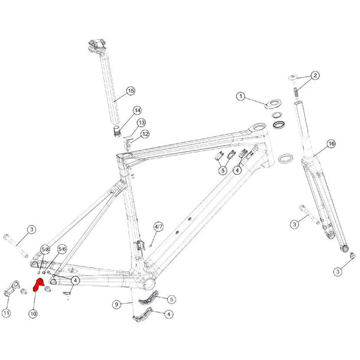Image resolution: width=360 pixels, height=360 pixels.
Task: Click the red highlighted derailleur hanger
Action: [x=38, y=284]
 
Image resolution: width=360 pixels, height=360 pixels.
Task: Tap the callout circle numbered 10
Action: [x=33, y=313]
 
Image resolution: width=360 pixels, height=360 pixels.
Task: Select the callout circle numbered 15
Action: [x=130, y=91]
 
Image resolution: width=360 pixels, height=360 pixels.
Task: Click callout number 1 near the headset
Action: [x=241, y=96]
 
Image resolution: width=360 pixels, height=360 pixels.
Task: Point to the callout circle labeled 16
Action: [x=331, y=144]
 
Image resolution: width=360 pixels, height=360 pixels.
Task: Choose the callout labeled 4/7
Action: [x=158, y=227]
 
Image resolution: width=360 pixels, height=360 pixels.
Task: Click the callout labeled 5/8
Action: [x=45, y=249]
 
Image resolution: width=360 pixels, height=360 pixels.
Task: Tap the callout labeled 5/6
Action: [x=62, y=249]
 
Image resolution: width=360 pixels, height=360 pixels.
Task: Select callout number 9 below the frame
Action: [x=117, y=305]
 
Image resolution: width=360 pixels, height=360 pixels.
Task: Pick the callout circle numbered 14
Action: [x=137, y=111]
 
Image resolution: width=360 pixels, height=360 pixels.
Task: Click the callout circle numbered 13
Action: [x=142, y=123]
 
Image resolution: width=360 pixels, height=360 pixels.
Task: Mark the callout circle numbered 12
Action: [x=145, y=134]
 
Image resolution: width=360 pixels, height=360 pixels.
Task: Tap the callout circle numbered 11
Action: [x=6, y=313]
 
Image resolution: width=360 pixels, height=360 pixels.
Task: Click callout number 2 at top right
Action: [x=315, y=76]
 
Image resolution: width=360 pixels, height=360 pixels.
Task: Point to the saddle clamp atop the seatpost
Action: [x=97, y=47]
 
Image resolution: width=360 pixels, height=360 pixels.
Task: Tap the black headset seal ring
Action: [x=279, y=125]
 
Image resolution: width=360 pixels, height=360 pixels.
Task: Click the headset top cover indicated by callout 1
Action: [x=273, y=103]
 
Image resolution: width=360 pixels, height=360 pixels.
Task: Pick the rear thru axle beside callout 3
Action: [x=15, y=246]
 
